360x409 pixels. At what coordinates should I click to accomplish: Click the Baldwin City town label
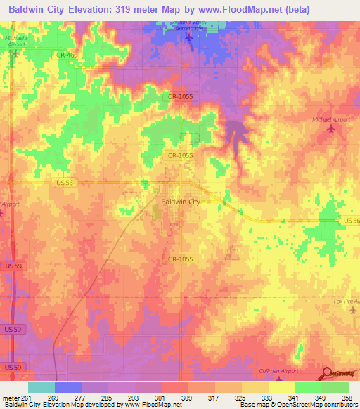(181, 202)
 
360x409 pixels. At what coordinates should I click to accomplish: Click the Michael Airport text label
(330, 119)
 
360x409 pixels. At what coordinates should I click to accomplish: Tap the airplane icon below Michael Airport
(330, 131)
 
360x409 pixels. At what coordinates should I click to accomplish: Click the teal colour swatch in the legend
(41, 387)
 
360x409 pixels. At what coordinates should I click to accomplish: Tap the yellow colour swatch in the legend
(281, 387)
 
